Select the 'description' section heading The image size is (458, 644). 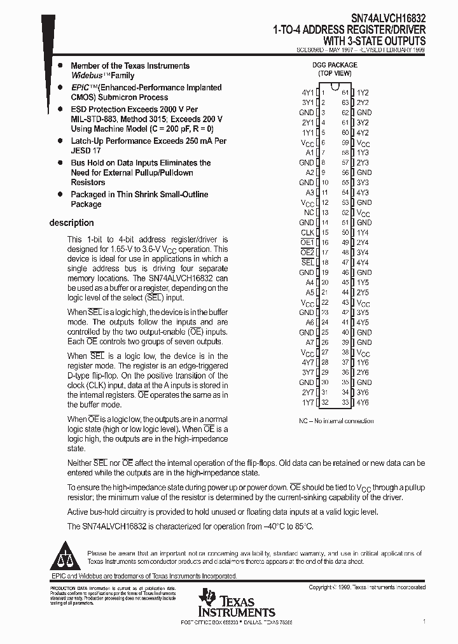click(x=71, y=223)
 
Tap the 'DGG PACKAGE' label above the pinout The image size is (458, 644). click(x=335, y=65)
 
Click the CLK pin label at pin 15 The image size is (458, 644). click(x=307, y=232)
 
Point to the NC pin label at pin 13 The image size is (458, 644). click(x=309, y=213)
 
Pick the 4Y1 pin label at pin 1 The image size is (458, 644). click(x=307, y=92)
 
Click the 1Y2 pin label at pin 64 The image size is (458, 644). click(x=363, y=92)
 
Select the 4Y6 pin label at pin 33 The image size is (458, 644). click(x=363, y=402)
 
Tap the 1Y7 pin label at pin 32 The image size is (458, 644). click(x=307, y=402)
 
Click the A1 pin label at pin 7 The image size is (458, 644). click(x=310, y=153)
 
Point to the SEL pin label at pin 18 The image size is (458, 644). click(x=307, y=262)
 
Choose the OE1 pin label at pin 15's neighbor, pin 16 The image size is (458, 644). click(x=307, y=242)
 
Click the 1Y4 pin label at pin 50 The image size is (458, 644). click(x=363, y=232)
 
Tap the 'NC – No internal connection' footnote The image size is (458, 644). click(x=336, y=421)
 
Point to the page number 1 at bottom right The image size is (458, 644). click(x=424, y=620)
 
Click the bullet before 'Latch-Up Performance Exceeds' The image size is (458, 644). click(x=60, y=141)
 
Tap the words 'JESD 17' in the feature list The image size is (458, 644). click(x=85, y=151)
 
